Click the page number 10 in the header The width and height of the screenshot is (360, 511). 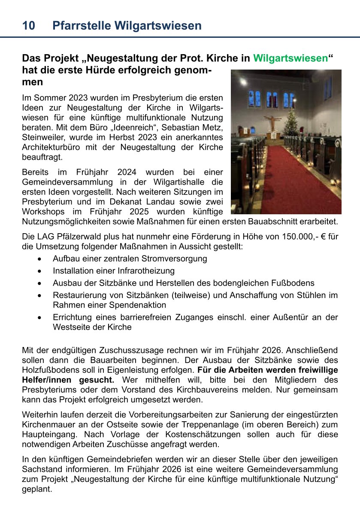28,26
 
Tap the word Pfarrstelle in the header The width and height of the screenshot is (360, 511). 79,26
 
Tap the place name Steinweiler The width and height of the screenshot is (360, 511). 42,137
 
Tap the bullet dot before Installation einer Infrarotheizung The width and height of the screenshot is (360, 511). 39,271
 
